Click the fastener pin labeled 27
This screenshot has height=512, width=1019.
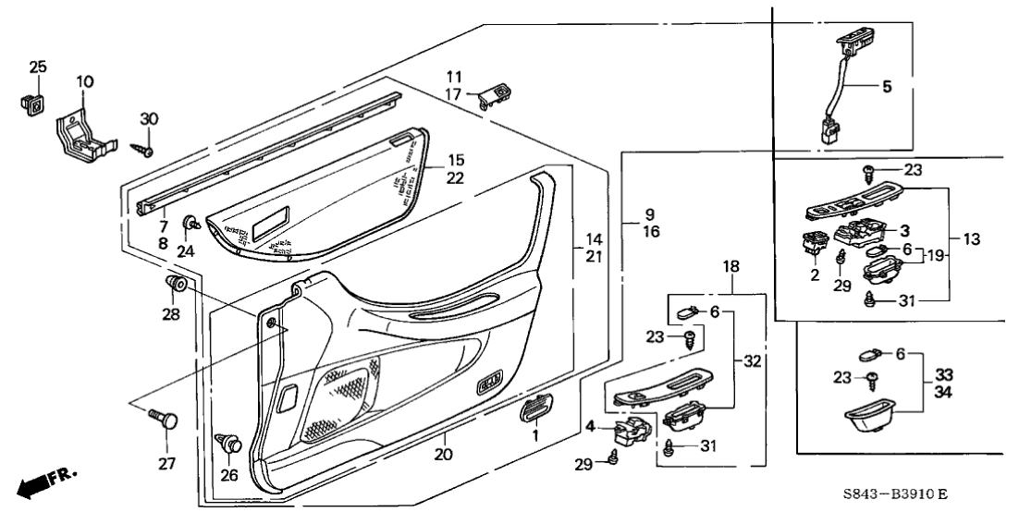point(163,428)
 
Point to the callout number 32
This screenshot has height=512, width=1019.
point(754,362)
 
